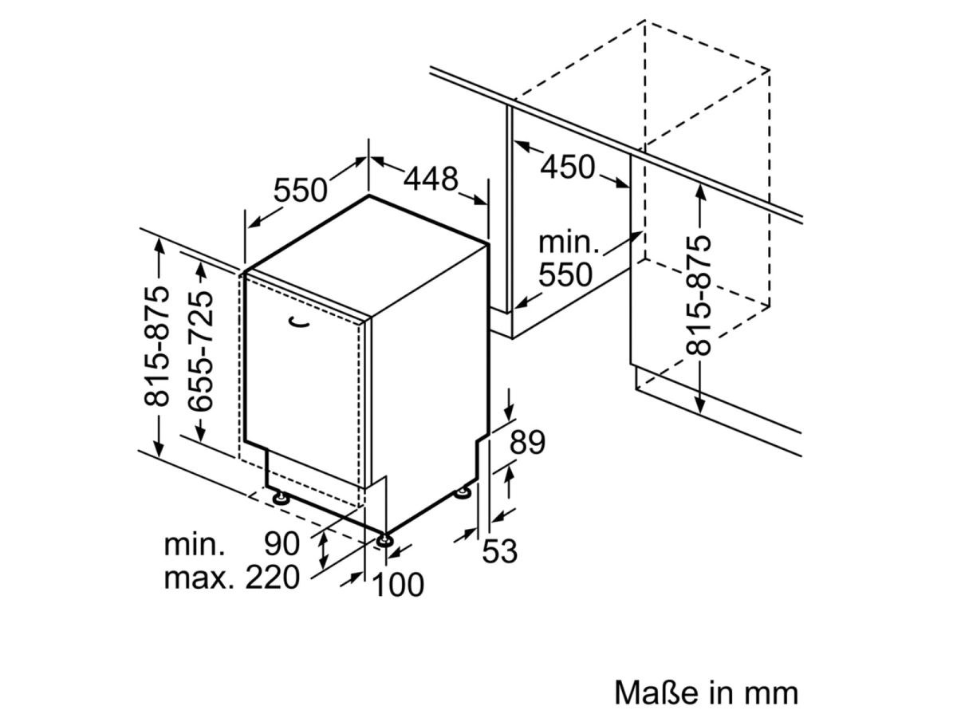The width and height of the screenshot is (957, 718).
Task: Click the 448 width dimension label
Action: pos(431,179)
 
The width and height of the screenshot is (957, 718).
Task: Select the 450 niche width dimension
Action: pos(568,168)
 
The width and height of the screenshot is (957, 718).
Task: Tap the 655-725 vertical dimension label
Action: pos(202,351)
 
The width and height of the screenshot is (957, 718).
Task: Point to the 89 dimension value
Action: pos(527,442)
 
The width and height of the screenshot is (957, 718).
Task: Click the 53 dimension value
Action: pos(501,550)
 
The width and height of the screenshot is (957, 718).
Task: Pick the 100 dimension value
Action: pos(399,585)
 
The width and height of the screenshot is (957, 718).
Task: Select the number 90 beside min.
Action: pos(282,544)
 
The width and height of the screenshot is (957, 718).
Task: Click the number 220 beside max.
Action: pos(272,578)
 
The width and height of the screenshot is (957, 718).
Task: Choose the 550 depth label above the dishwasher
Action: pos(301,191)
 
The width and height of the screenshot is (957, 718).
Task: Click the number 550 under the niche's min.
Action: pos(565,275)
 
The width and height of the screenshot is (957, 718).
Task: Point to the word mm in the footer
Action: pos(771,691)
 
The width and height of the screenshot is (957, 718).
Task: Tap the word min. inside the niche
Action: pos(569,241)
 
